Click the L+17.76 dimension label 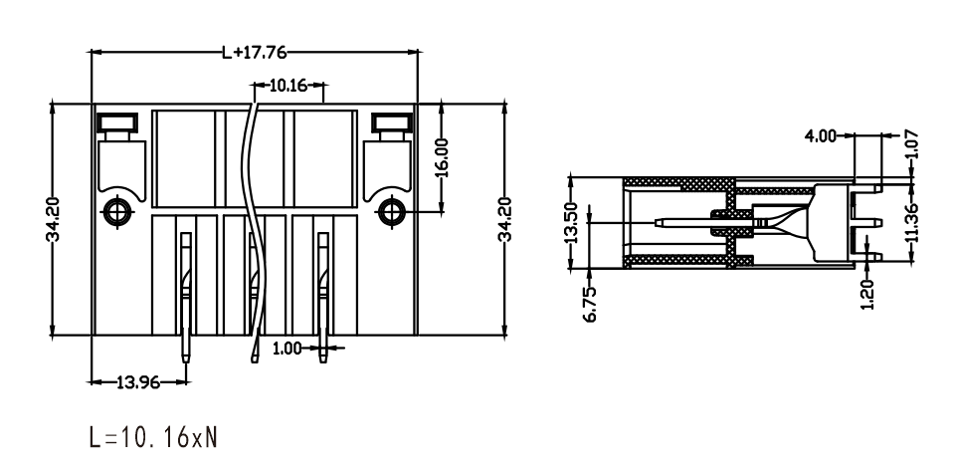tap(254, 53)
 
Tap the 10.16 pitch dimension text tap(288, 86)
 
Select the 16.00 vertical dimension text tap(442, 157)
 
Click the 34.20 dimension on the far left tap(53, 220)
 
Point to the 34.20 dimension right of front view tap(505, 220)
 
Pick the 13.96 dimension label tap(138, 382)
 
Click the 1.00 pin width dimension tap(286, 349)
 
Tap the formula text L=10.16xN tap(152, 437)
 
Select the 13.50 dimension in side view tap(571, 223)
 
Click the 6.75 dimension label tap(591, 305)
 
